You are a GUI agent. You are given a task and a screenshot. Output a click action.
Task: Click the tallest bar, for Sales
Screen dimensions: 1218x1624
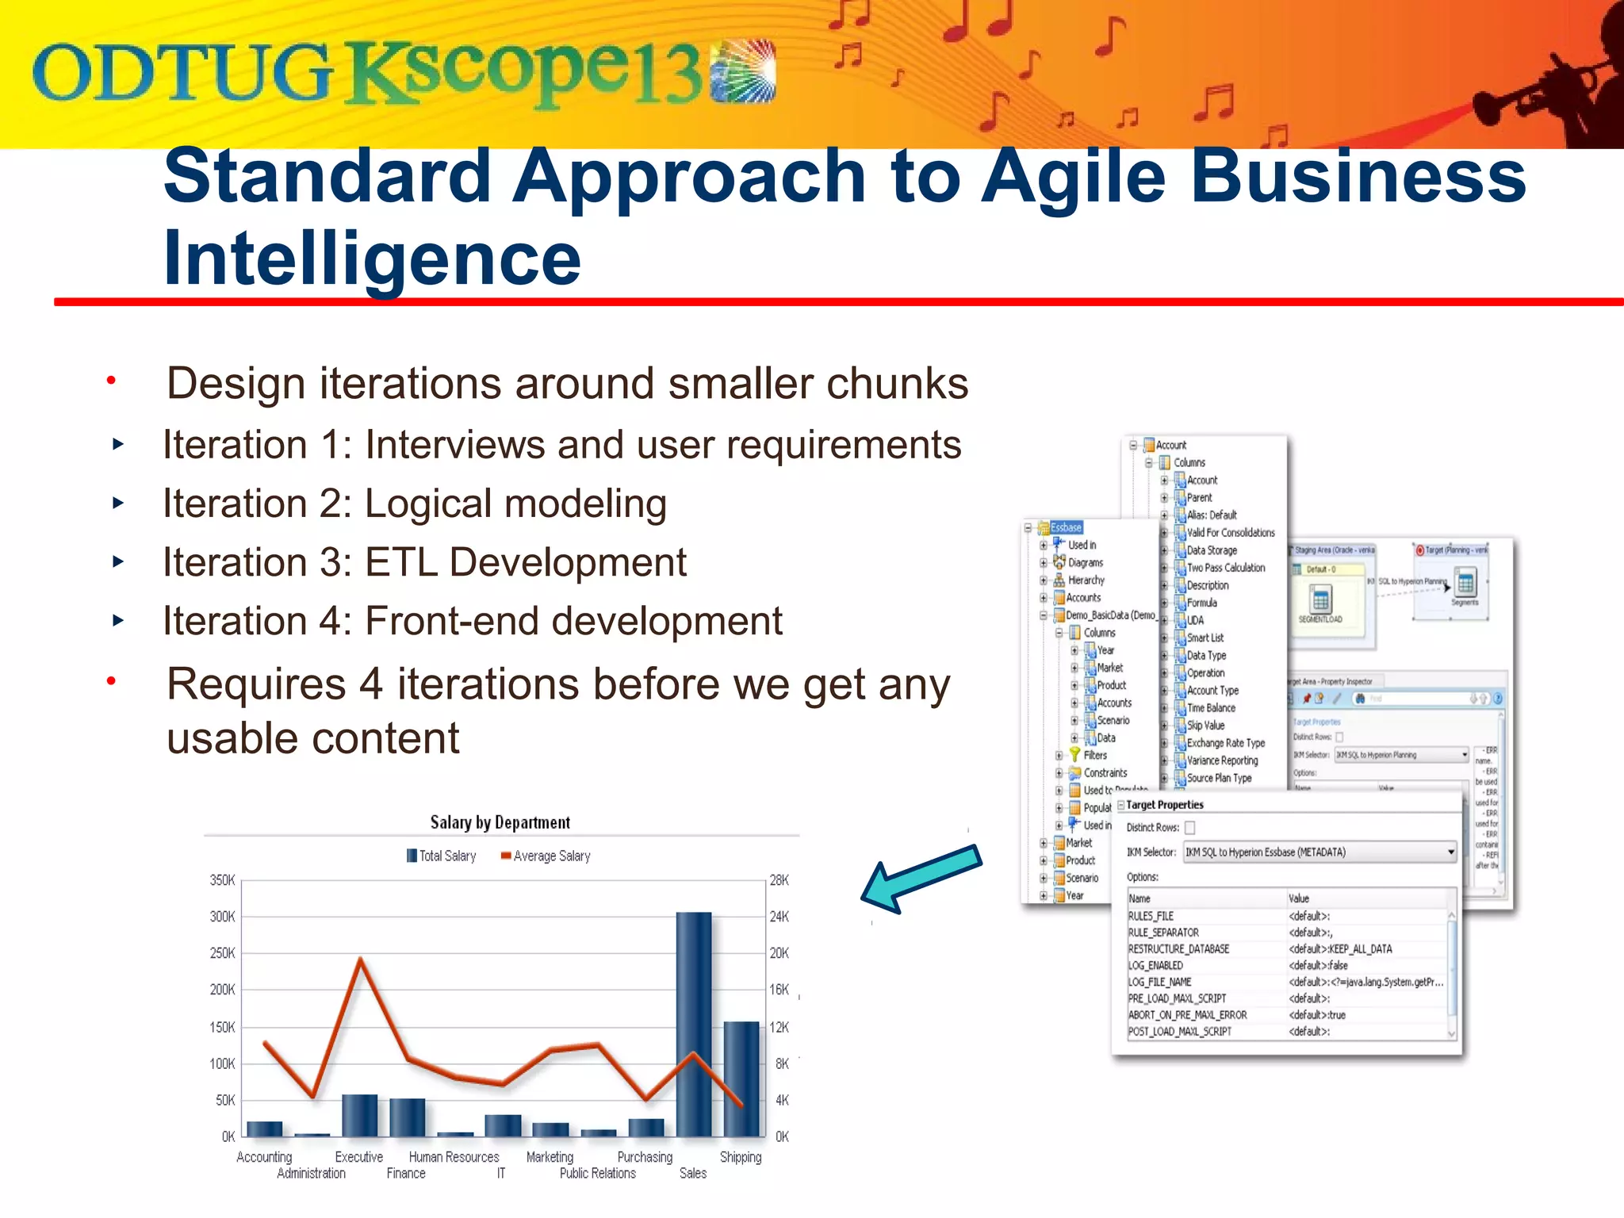[x=694, y=1023]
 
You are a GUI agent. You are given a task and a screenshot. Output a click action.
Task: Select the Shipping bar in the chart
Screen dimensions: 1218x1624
[x=741, y=1078]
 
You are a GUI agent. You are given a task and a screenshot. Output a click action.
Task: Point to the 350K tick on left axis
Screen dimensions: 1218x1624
[x=222, y=880]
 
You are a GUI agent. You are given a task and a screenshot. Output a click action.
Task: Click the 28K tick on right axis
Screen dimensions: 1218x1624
[x=779, y=880]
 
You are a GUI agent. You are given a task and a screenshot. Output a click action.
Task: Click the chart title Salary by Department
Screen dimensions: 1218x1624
[x=500, y=822]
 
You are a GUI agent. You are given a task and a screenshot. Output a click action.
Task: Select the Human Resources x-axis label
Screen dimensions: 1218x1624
[x=454, y=1157]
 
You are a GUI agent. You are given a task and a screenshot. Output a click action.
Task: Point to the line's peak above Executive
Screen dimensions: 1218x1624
[x=361, y=959]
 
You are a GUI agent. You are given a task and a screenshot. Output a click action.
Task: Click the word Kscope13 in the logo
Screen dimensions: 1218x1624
[x=523, y=73]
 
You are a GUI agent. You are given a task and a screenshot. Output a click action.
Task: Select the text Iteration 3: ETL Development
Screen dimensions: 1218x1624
[x=424, y=562]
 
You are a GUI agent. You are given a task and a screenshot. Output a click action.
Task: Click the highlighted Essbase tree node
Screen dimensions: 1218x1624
[x=1066, y=527]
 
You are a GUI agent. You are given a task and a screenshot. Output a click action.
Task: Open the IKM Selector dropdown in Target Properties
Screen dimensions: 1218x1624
[x=1450, y=852]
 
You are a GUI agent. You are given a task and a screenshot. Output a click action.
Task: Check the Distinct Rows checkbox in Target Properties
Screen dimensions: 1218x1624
[x=1189, y=828]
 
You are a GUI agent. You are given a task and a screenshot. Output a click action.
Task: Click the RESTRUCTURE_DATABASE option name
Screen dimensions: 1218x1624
[x=1178, y=949]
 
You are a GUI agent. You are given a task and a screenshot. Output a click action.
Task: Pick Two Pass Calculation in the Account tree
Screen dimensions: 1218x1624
[x=1225, y=568]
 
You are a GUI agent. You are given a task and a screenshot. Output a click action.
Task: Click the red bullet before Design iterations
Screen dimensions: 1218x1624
[x=112, y=381]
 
